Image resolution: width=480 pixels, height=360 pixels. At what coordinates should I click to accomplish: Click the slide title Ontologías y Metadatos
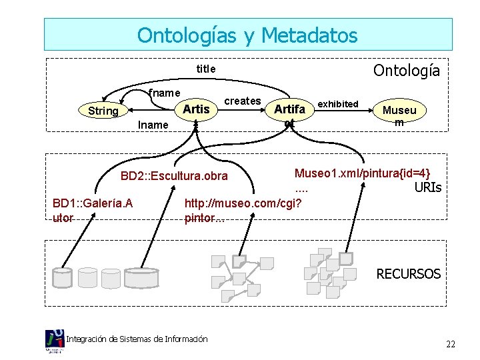pyautogui.click(x=247, y=35)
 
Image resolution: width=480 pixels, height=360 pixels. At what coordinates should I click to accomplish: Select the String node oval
pyautogui.click(x=103, y=111)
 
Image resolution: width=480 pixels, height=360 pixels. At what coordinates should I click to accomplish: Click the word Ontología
pyautogui.click(x=406, y=70)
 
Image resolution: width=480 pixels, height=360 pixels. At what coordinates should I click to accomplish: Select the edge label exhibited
pyautogui.click(x=338, y=103)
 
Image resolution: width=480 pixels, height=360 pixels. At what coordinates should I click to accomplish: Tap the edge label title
pyautogui.click(x=205, y=69)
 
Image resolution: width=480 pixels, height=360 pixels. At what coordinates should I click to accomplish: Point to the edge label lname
pyautogui.click(x=153, y=125)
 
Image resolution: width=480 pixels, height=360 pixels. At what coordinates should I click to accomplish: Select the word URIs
pyautogui.click(x=427, y=187)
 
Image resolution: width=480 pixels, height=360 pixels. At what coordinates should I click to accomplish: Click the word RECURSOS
pyautogui.click(x=408, y=273)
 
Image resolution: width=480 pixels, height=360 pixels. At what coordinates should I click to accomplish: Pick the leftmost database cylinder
pyautogui.click(x=63, y=277)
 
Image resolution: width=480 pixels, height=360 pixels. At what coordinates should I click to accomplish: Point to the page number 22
pyautogui.click(x=451, y=344)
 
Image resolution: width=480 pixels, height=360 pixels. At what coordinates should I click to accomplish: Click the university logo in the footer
pyautogui.click(x=55, y=341)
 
